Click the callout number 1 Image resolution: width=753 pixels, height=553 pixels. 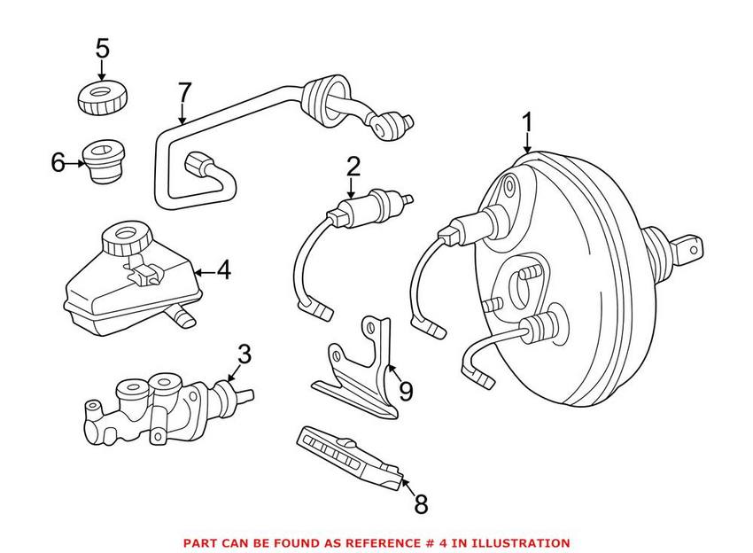[x=527, y=122]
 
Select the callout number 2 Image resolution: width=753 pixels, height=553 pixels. [x=353, y=167]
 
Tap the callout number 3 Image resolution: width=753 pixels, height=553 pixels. [x=245, y=354]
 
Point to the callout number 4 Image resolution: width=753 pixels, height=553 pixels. [x=223, y=270]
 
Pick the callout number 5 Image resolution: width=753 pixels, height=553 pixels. [x=102, y=48]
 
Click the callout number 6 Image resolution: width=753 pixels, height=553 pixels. [x=58, y=162]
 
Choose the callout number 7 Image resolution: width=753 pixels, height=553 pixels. [x=184, y=92]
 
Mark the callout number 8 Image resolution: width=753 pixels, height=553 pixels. [x=421, y=504]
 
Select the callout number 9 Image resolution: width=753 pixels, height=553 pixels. [x=407, y=392]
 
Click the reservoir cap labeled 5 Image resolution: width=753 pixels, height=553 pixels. [x=102, y=98]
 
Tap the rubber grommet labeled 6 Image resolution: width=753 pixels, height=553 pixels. [x=104, y=161]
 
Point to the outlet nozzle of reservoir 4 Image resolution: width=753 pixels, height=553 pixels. [x=181, y=316]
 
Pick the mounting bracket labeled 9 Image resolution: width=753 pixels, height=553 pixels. [x=358, y=369]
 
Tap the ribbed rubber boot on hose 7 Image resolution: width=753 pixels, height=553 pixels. [x=323, y=100]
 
